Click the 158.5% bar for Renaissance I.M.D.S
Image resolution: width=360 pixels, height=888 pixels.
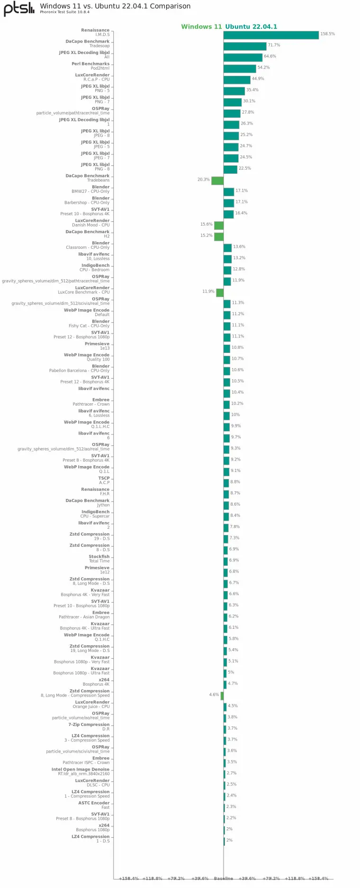click(x=271, y=35)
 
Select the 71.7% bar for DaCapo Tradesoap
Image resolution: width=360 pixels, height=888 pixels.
click(x=245, y=46)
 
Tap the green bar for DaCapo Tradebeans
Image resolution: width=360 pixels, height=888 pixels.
click(x=217, y=181)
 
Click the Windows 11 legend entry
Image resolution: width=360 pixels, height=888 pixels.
click(x=201, y=27)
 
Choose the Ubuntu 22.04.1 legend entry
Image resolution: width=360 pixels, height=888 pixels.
click(x=251, y=27)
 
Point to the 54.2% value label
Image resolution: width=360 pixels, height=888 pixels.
click(x=263, y=67)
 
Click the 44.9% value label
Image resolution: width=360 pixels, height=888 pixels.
click(x=258, y=79)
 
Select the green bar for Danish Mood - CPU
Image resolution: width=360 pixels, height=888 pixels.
click(x=219, y=226)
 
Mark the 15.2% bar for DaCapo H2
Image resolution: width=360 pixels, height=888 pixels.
click(x=219, y=236)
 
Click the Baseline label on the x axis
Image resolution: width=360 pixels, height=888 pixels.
click(x=223, y=878)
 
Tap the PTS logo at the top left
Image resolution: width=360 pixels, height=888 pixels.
click(x=19, y=9)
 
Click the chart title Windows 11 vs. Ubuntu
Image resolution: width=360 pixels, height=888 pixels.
click(x=115, y=6)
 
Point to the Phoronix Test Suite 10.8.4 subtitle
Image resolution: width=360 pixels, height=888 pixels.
click(x=64, y=12)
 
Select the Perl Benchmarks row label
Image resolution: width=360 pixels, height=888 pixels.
click(x=90, y=66)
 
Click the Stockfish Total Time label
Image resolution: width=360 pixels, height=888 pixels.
click(x=99, y=559)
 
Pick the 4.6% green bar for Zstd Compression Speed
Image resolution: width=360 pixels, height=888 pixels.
click(x=222, y=696)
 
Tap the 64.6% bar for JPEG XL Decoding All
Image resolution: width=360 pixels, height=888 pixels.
click(x=243, y=57)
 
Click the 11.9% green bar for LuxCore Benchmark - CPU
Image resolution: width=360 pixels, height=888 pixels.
click(x=220, y=292)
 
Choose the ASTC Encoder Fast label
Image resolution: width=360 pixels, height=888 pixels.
click(x=94, y=805)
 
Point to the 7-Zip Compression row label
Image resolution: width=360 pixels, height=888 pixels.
click(x=89, y=726)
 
